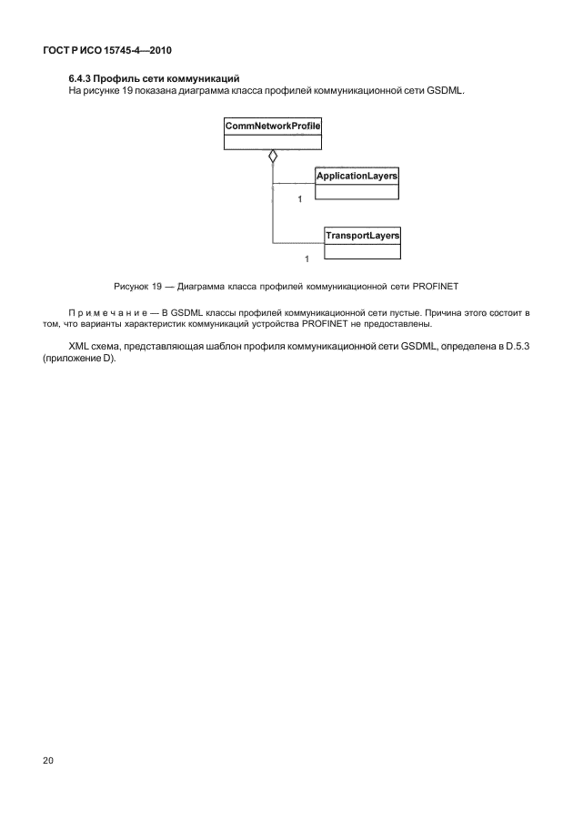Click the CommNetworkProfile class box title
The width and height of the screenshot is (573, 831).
coord(272,127)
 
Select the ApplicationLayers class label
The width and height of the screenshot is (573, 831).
coord(357,175)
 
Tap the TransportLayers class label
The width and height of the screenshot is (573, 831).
coord(363,236)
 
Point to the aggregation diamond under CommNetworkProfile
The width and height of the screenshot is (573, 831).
coord(272,157)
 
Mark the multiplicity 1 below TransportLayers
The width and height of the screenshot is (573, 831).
coord(307,260)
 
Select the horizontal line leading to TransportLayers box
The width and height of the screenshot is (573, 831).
coord(298,242)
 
